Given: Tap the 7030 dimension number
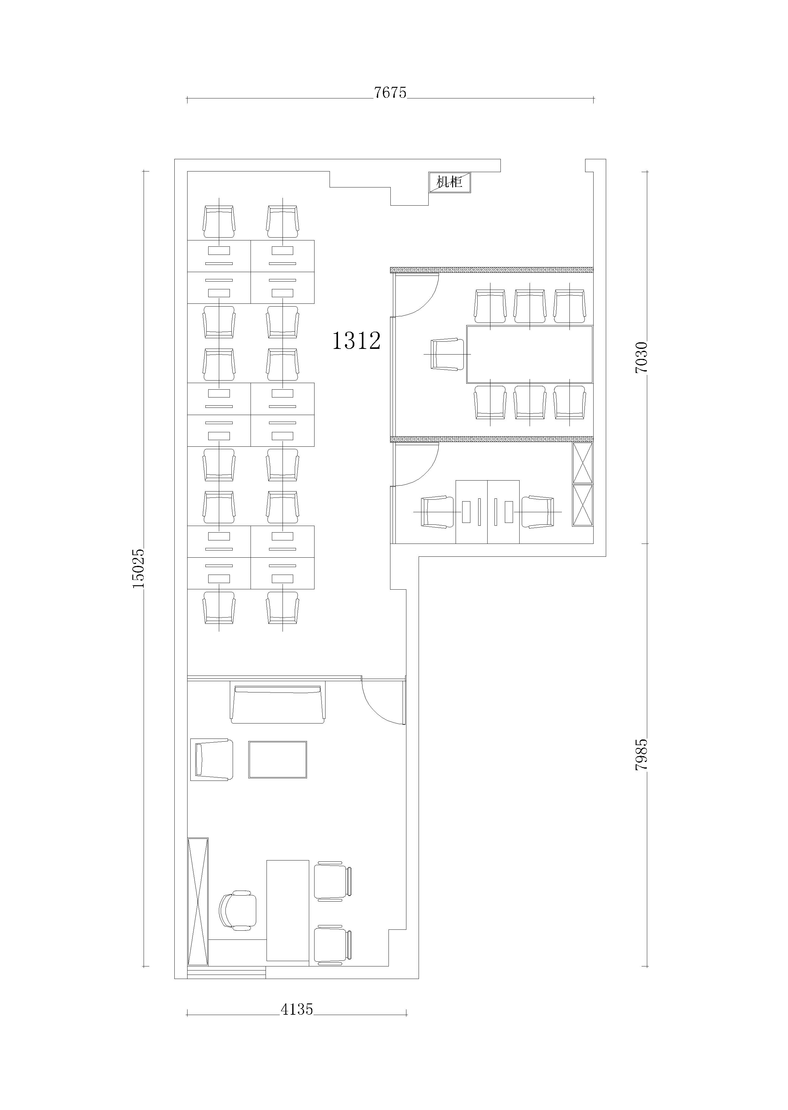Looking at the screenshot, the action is coord(641,357).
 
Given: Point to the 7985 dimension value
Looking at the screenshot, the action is coord(641,755).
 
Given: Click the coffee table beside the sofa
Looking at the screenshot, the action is coord(278,760).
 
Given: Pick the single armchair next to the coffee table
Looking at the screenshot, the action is coord(212,760).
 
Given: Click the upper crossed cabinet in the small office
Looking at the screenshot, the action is coord(583,463).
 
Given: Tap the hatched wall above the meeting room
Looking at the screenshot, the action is coord(492,269).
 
